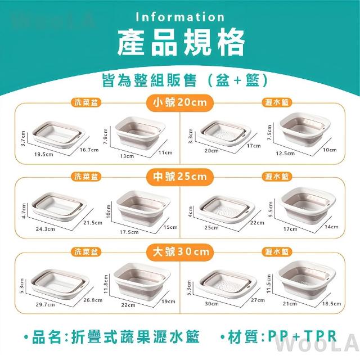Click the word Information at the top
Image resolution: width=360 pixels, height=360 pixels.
point(180,17)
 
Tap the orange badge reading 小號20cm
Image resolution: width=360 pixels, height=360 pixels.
point(180,102)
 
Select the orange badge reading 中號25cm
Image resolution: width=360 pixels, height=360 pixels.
point(180,177)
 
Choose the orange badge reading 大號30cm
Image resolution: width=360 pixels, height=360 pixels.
point(180,252)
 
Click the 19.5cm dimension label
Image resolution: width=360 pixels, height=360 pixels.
point(44,154)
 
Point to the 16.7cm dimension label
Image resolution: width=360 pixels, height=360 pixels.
point(89,150)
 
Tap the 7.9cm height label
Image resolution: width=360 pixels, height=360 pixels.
point(105,136)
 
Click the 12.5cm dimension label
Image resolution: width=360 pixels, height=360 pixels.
point(285,153)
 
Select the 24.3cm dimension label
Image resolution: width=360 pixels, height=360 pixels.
point(45,229)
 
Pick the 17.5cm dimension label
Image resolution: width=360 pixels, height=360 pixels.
point(129,232)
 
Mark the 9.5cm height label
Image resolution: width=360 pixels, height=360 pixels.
point(271,209)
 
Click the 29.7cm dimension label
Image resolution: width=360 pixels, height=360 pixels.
point(45,305)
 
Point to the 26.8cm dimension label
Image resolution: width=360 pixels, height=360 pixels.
point(93,300)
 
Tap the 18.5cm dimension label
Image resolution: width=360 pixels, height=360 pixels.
point(331,304)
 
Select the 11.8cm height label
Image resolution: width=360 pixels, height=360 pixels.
point(106,284)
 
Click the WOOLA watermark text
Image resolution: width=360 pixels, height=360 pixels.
point(318,344)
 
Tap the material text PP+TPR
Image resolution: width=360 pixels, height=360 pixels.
point(302,336)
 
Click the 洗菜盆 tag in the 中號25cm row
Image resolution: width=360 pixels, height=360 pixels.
point(86,177)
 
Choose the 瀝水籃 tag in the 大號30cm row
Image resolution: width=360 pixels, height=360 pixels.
point(277,252)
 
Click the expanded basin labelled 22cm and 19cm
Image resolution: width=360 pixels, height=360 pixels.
point(142,281)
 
